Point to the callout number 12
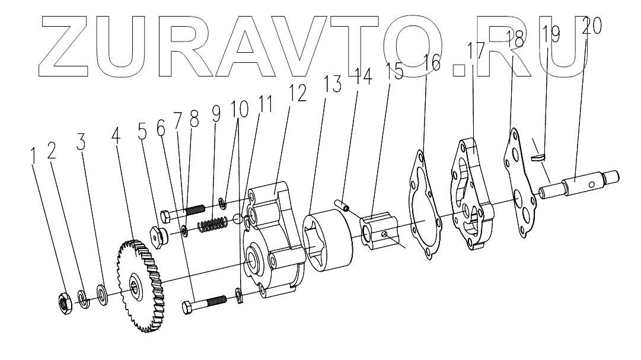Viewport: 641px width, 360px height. pos(298,94)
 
